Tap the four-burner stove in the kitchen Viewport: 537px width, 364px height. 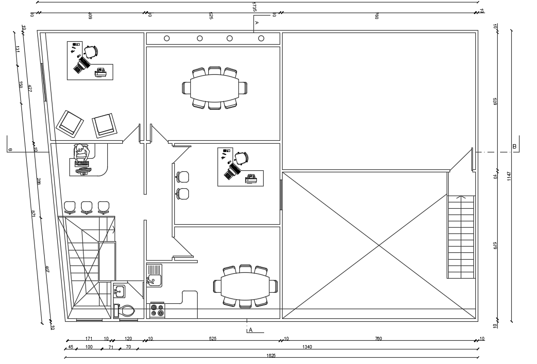157,310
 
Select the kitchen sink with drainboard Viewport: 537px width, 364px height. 154,275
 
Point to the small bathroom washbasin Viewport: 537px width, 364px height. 119,291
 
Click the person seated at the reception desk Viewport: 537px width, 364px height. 81,153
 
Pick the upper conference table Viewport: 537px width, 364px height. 214,88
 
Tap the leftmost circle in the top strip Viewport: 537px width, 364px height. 167,38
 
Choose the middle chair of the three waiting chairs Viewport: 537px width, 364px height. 87,207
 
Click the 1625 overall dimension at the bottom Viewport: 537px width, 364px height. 271,356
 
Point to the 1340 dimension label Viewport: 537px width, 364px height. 307,347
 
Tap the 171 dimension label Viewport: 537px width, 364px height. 89,338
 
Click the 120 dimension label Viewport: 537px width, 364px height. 128,338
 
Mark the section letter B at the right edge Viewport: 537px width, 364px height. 514,146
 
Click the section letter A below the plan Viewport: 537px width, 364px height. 251,330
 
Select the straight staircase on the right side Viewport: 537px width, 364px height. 461,236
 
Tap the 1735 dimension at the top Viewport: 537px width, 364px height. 254,7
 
